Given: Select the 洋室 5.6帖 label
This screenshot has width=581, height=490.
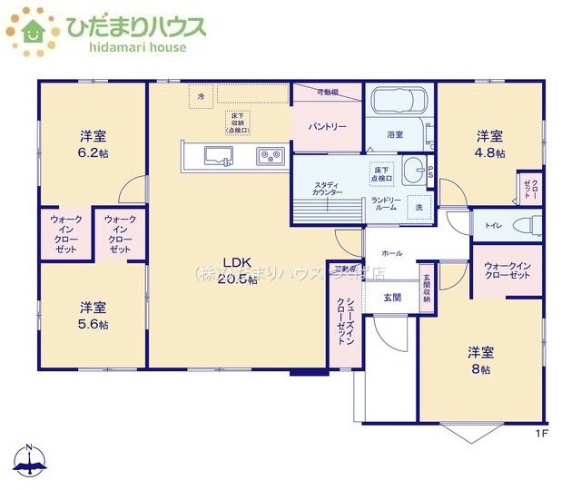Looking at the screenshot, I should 93,315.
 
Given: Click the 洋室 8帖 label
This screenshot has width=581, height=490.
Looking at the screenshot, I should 480,360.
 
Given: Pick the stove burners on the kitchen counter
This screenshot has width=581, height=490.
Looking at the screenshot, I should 270,156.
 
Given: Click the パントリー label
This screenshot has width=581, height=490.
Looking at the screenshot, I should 326,127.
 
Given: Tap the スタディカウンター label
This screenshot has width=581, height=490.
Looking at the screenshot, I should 327,188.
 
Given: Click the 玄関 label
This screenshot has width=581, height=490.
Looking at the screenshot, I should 392,297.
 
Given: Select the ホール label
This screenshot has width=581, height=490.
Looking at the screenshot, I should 392,253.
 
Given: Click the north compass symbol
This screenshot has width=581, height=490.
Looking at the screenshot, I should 32,460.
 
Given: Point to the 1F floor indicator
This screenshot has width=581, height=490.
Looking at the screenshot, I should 541,433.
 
